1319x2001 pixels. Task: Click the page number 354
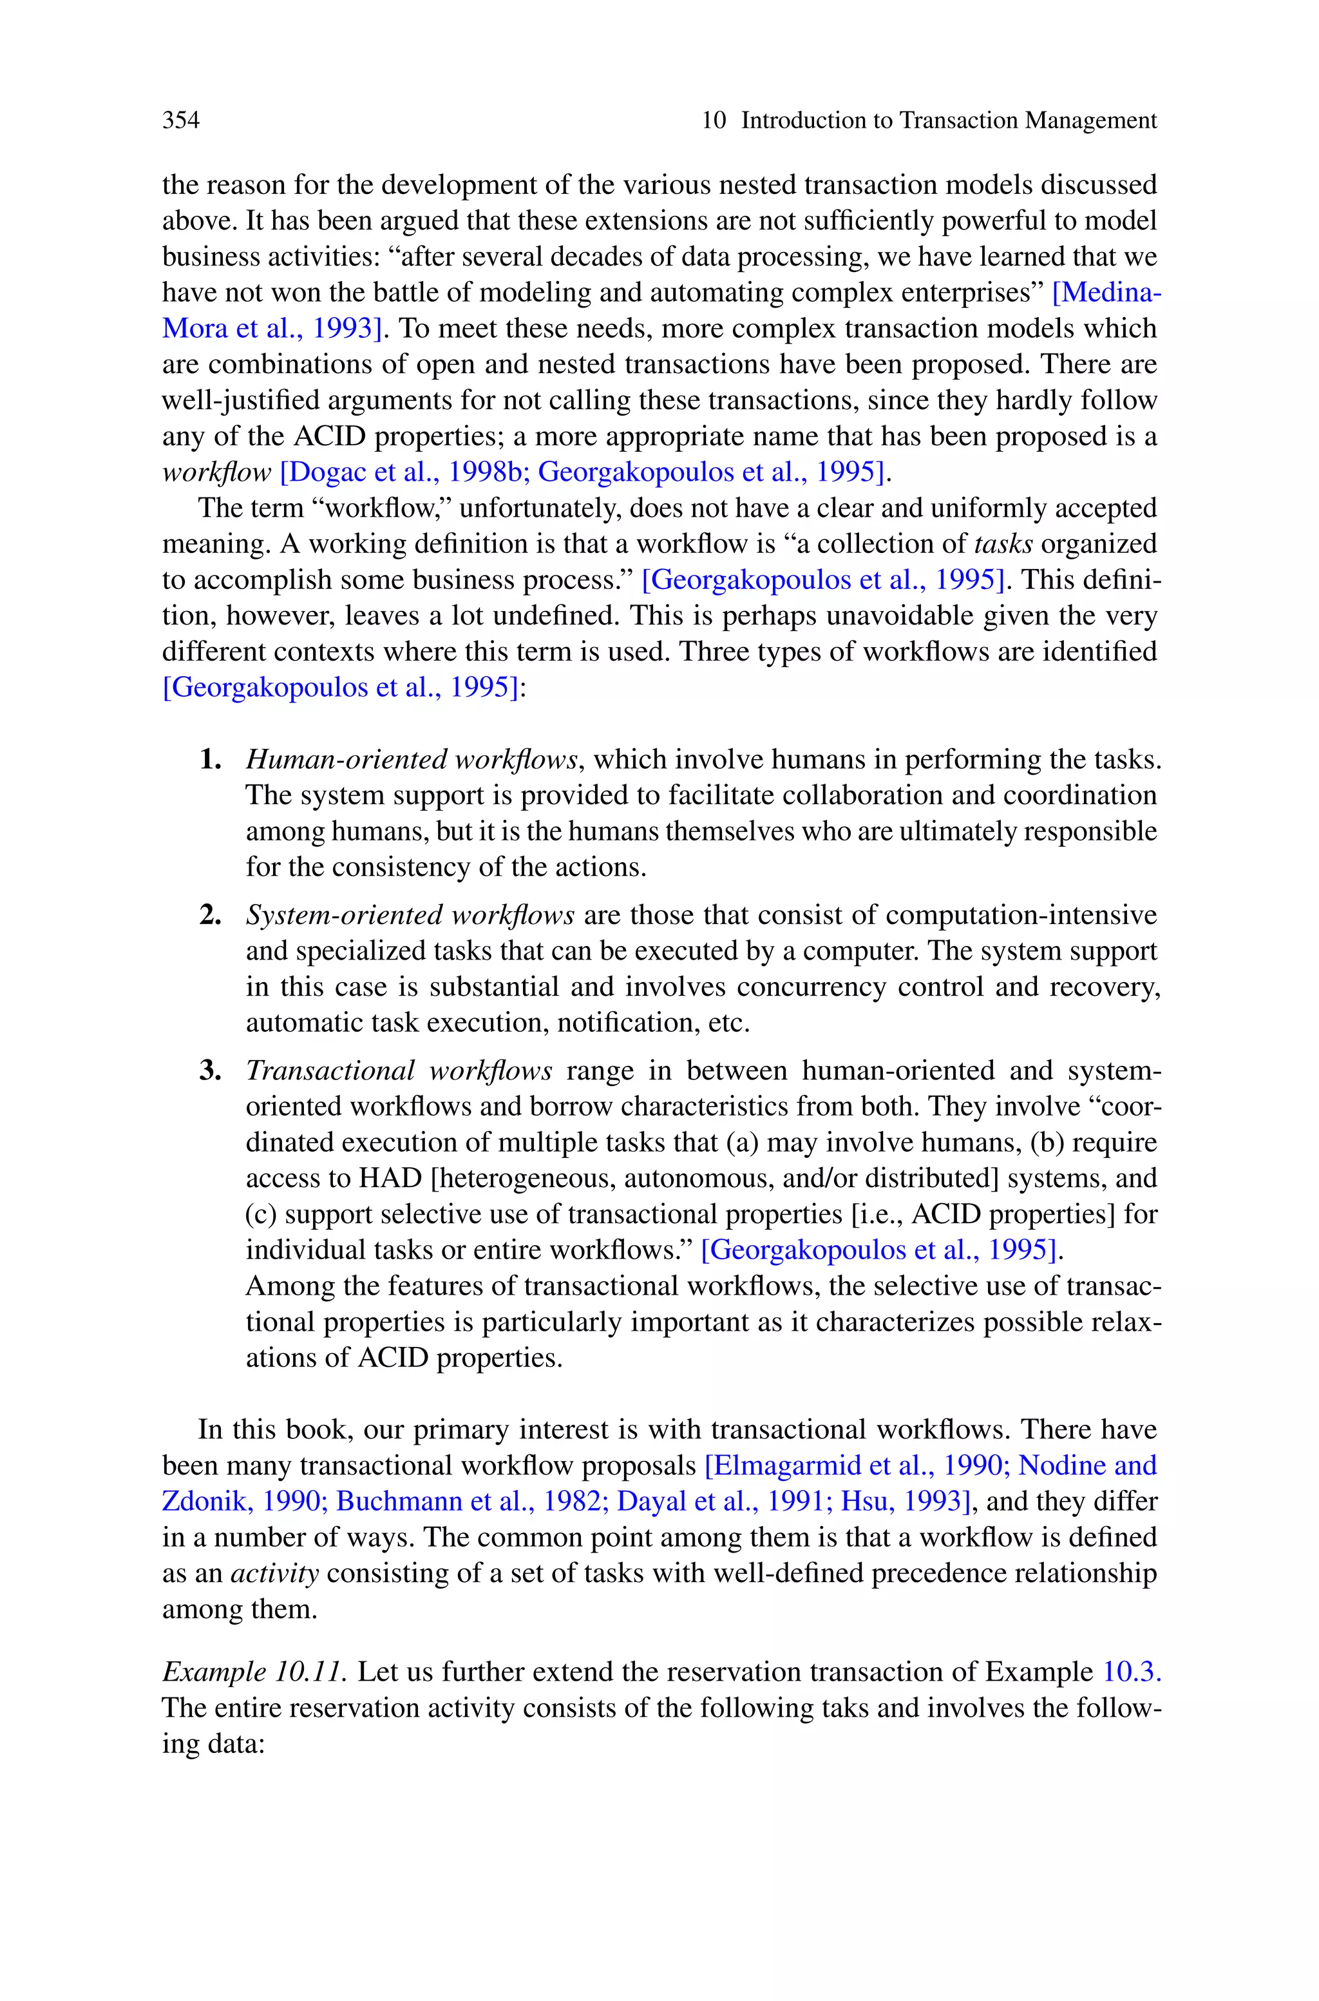pyautogui.click(x=181, y=121)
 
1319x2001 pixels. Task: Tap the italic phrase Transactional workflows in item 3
pyautogui.click(x=399, y=1071)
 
